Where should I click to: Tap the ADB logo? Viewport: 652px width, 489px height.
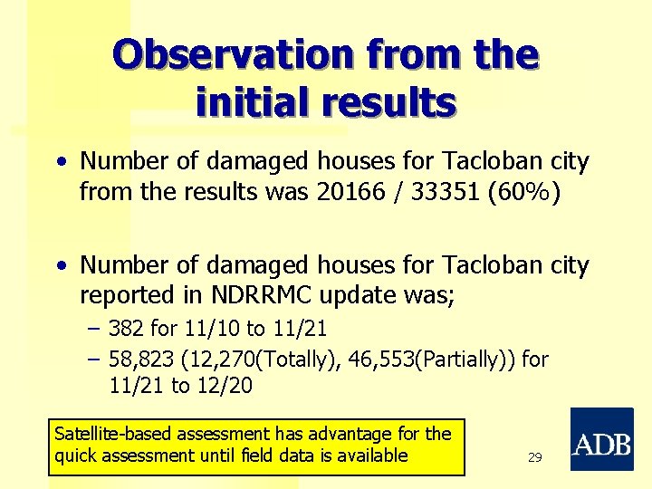(601, 439)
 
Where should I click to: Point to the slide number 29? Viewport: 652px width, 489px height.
(534, 458)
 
